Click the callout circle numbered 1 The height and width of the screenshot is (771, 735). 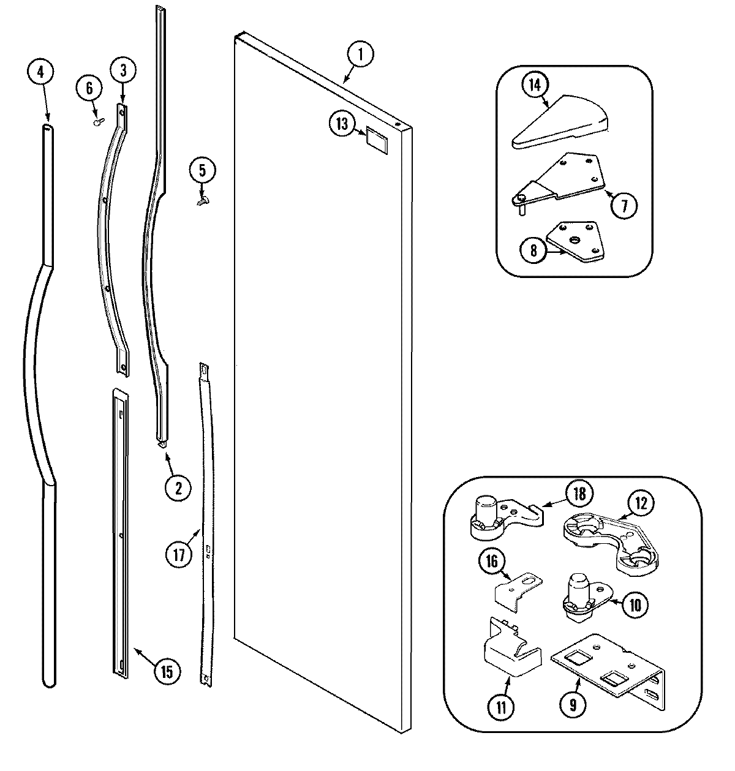coord(361,55)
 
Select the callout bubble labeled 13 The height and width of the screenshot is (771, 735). coord(341,124)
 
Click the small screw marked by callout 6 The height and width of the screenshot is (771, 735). coord(97,122)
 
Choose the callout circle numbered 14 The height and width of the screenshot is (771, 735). coord(535,86)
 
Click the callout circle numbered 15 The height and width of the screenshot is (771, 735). coord(167,672)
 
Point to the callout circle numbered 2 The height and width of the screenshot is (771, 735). coord(178,488)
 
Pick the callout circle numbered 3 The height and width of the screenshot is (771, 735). coord(123,70)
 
